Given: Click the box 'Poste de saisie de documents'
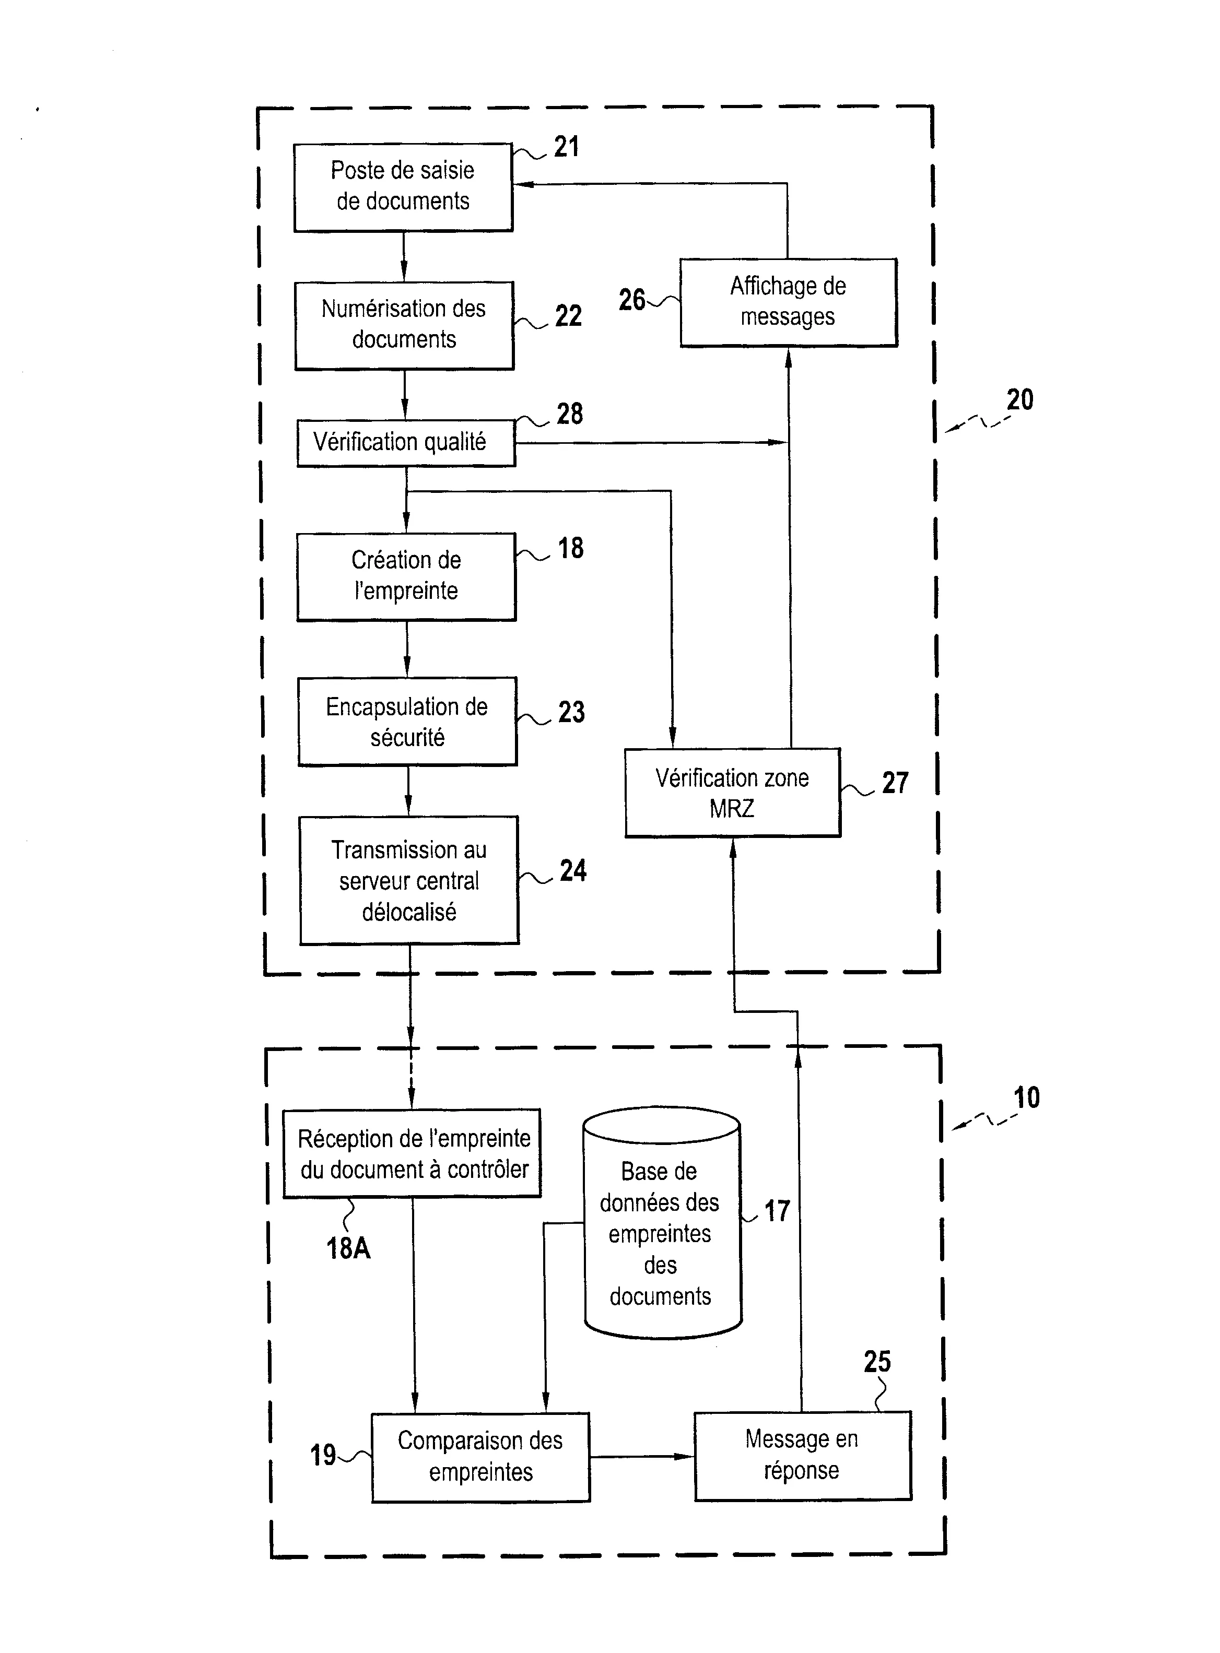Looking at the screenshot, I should pos(403,187).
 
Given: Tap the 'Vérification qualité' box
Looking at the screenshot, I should pos(405,442).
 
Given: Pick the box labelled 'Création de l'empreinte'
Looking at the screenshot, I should pos(406,576).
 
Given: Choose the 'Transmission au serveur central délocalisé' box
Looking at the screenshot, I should pos(409,880).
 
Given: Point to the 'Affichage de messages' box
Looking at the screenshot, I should pos(788,302).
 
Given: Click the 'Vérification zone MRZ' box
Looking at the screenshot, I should pos(732,793).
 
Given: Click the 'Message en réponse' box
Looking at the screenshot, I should pos(802,1455).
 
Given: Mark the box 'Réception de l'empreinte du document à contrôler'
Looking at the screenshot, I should pos(413,1153).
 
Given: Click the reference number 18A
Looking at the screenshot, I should pos(348,1248).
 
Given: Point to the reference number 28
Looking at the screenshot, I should pos(569,414).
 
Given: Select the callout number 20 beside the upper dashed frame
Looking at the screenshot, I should pos(1020,400).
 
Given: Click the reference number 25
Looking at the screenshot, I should pos(877,1361).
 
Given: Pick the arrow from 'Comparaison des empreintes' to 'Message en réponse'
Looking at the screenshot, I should pos(642,1457).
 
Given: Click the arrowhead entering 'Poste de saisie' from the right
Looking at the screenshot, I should pos(522,184).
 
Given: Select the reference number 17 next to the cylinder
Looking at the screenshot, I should pos(777,1211).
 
